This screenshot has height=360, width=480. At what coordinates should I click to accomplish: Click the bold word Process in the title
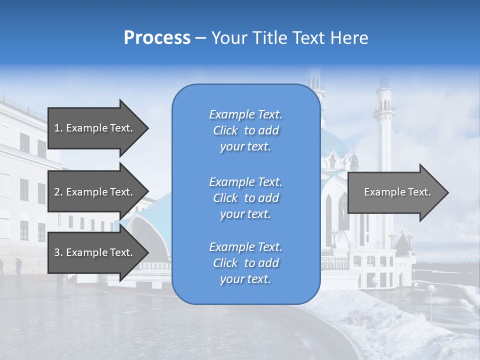(157, 38)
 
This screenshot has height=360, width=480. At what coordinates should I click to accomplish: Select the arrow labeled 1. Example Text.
(93, 128)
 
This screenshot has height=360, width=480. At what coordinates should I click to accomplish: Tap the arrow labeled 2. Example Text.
(93, 192)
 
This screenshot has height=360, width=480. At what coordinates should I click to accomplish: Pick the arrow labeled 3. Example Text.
(93, 252)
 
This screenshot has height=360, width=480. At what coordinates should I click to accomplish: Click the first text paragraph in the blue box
(245, 130)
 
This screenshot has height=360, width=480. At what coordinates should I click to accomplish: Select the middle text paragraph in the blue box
(245, 197)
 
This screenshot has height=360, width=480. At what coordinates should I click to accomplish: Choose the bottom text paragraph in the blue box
(245, 263)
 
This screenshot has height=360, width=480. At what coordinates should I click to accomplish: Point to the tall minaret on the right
(385, 125)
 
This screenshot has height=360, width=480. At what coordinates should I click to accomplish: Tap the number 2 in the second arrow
(57, 192)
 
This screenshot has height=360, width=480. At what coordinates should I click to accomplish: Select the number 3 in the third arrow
(57, 252)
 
